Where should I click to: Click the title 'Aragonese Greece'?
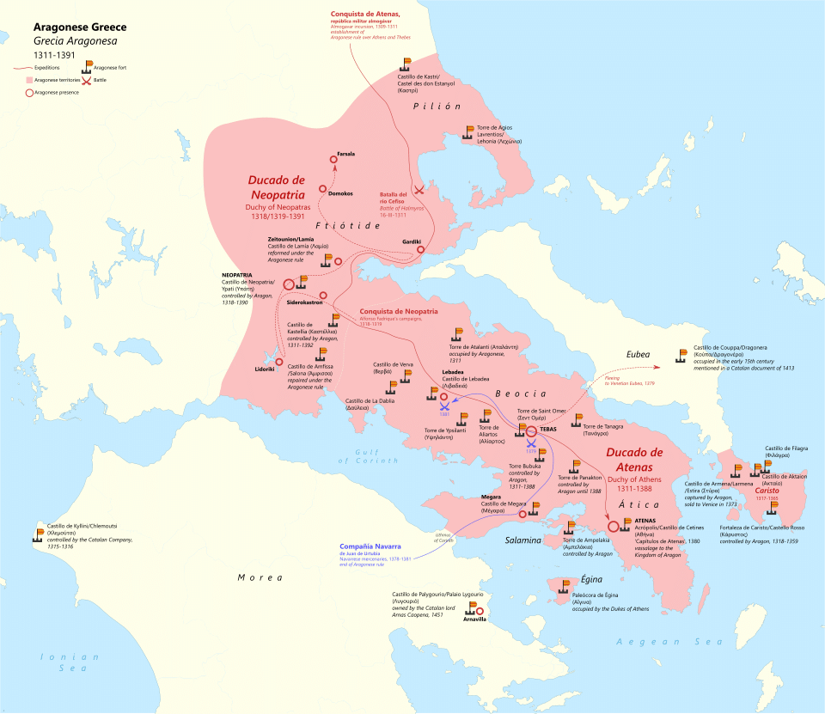point(80,27)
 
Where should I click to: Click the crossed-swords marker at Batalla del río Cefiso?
point(419,190)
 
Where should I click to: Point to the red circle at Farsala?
point(335,160)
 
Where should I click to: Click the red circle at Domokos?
point(322,188)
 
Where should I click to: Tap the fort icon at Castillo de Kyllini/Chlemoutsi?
point(39,534)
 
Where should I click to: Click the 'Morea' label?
point(260,577)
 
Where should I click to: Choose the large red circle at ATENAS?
point(614,527)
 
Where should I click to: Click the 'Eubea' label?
point(638,353)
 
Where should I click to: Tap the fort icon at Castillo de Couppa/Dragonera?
point(682,354)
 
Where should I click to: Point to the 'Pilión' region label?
point(437,106)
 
